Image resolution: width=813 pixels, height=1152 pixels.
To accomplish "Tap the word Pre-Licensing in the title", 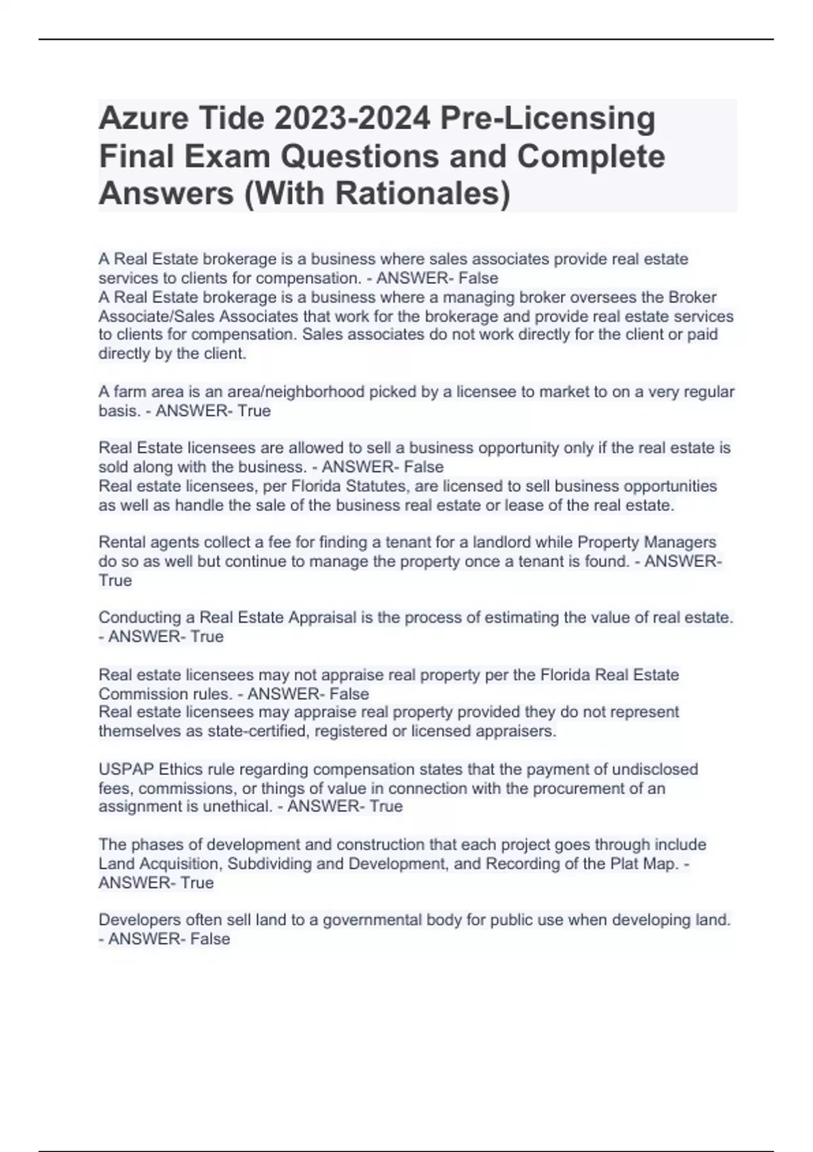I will tap(547, 119).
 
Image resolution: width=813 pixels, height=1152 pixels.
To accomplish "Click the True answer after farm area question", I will tap(254, 411).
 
